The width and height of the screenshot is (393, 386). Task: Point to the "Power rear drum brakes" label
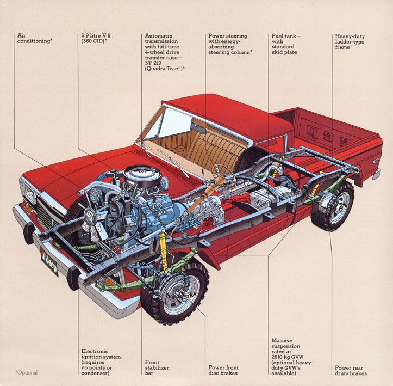tap(351, 370)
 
